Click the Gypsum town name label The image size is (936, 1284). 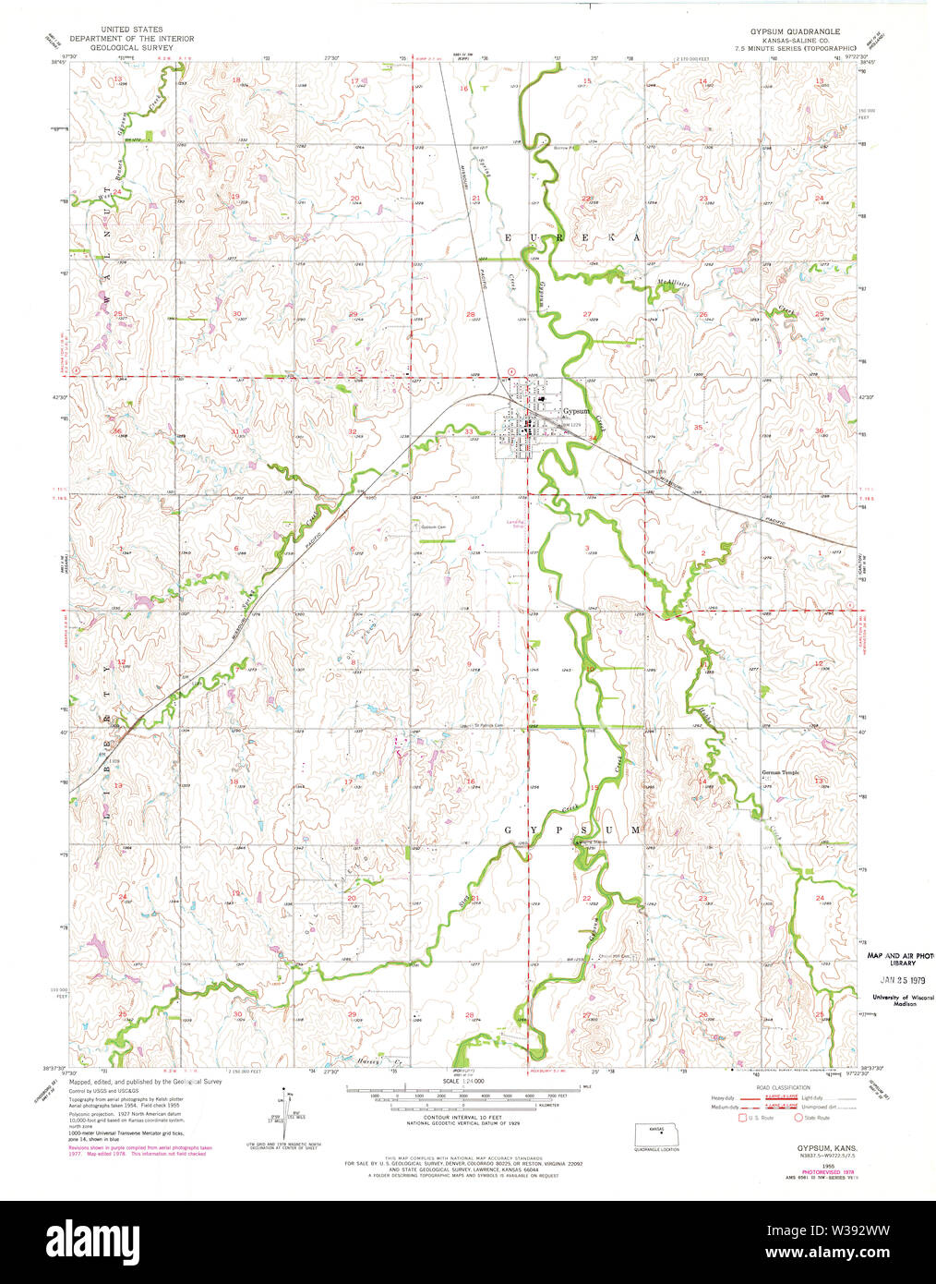click(x=576, y=411)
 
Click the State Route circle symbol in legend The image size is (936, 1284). click(x=798, y=1118)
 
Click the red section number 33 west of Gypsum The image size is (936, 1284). click(x=469, y=431)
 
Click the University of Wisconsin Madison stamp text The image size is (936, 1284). click(x=902, y=1000)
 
